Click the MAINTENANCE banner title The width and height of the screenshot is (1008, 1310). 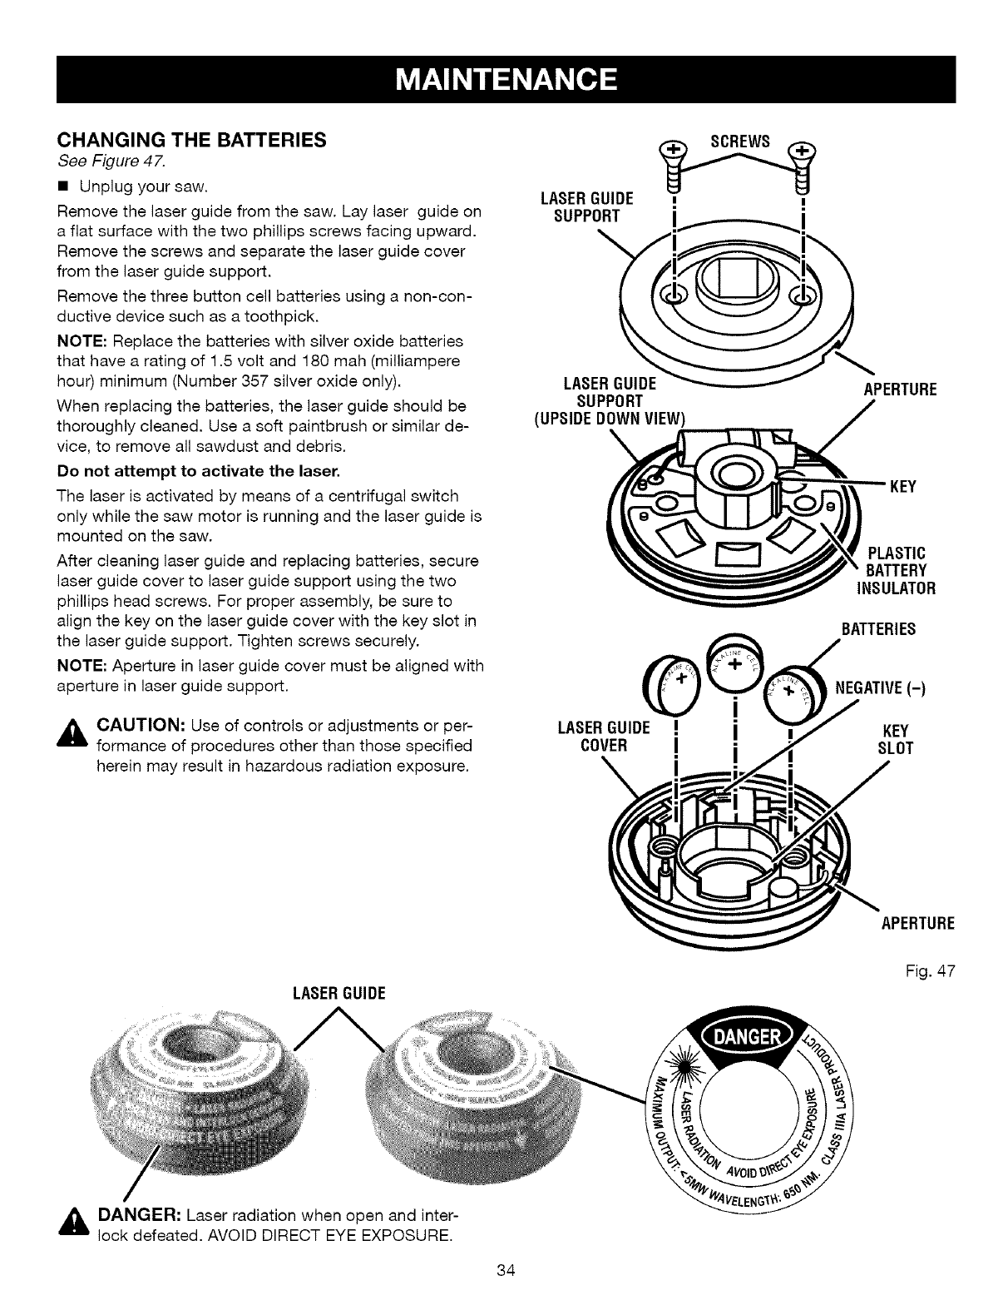505,80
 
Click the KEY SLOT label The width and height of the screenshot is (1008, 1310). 895,739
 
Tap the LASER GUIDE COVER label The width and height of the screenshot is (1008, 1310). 603,737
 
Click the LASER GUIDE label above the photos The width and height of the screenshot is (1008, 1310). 338,994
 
